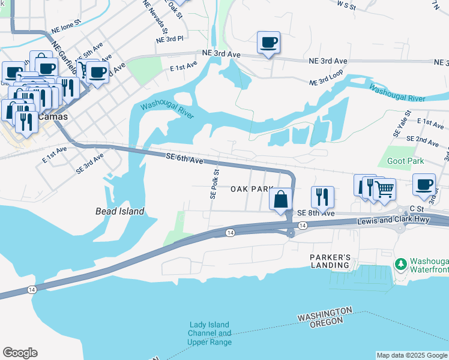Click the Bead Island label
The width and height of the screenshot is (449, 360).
pyautogui.click(x=119, y=211)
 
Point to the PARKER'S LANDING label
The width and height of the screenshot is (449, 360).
pyautogui.click(x=330, y=261)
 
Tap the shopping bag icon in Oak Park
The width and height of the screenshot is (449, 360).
pyautogui.click(x=281, y=199)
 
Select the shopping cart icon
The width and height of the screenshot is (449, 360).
pyautogui.click(x=384, y=190)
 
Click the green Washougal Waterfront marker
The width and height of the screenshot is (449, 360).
pyautogui.click(x=400, y=264)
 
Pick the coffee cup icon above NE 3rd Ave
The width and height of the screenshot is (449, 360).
pyautogui.click(x=268, y=43)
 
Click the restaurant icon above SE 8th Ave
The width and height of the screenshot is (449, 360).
pyautogui.click(x=322, y=196)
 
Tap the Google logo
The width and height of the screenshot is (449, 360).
pyautogui.click(x=20, y=353)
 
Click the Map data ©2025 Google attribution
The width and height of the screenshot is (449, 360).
pyautogui.click(x=411, y=355)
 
